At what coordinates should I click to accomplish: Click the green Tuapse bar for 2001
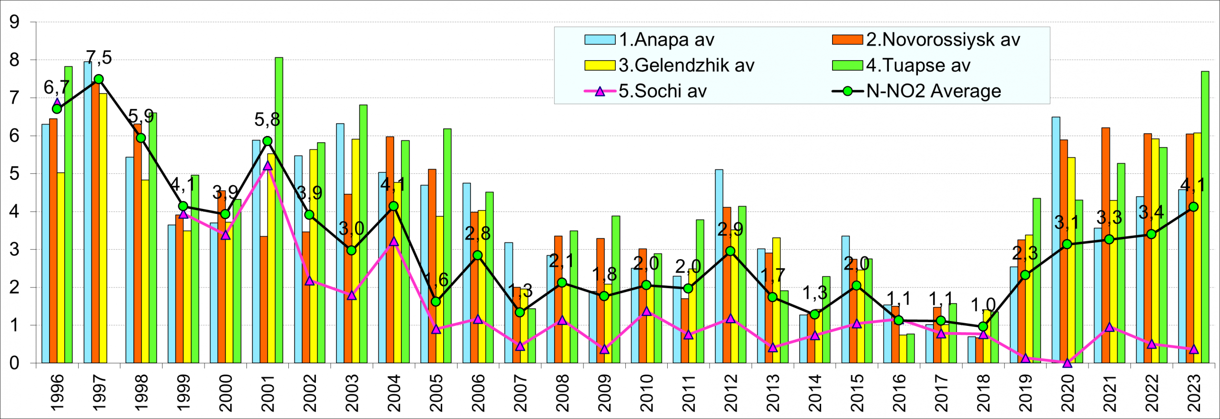tap(279, 210)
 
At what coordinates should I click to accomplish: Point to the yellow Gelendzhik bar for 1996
tap(61, 267)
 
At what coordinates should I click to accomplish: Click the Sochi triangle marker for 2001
tap(267, 166)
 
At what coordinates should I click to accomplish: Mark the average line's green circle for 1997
tap(99, 79)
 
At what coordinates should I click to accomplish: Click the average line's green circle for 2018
tap(983, 326)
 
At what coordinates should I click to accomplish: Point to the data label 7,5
tap(99, 58)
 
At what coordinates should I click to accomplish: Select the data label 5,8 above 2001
tap(267, 120)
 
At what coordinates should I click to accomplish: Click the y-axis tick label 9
tap(14, 22)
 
